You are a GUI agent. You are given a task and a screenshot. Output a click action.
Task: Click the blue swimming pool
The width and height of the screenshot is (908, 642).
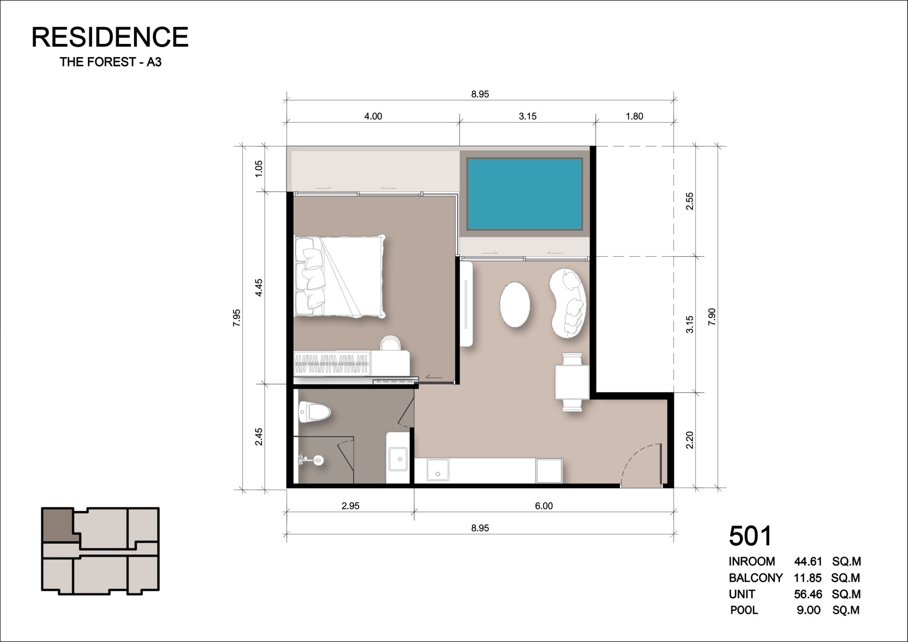(524, 194)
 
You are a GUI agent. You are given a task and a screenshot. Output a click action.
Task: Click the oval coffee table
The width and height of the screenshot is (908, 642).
(515, 305)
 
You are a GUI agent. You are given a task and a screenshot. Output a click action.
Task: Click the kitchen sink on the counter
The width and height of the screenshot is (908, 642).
(438, 470)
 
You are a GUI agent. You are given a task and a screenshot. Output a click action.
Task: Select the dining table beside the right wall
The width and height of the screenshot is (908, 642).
(571, 382)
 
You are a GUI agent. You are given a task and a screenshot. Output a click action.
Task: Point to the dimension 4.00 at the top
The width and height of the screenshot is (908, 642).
(373, 116)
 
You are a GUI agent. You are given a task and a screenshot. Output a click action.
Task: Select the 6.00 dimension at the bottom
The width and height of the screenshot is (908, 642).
(544, 506)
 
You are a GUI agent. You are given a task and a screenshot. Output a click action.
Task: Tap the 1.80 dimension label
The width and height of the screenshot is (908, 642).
(634, 116)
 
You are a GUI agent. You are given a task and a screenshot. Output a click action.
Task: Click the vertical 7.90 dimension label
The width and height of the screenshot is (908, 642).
(712, 317)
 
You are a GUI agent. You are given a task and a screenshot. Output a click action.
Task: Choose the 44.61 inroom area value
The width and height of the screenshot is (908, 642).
(808, 561)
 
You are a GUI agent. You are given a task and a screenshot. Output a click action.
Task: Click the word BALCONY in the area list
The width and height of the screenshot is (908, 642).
(755, 578)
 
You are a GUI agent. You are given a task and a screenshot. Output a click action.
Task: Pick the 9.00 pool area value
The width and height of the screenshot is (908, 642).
(808, 610)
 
